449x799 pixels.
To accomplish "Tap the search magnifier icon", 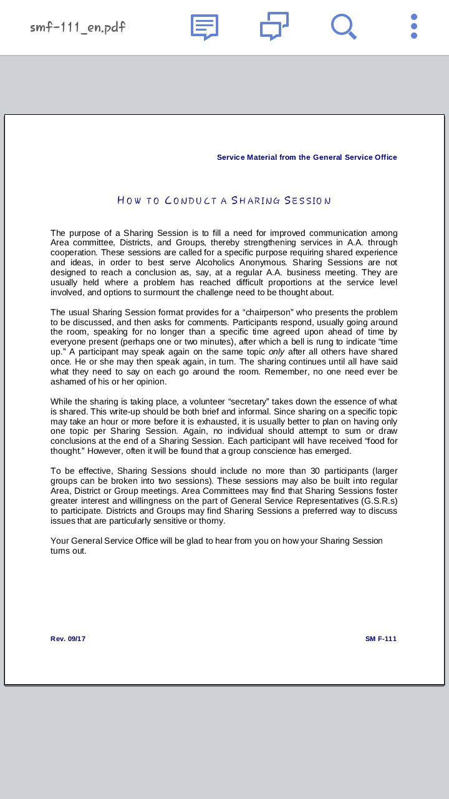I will [x=343, y=27].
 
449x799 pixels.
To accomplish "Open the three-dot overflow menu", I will [x=414, y=27].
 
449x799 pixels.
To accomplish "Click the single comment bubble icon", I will [x=204, y=27].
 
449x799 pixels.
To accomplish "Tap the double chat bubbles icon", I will [x=274, y=27].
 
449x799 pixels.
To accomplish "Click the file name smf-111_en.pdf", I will [x=78, y=27].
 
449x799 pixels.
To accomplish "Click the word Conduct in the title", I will [x=191, y=200].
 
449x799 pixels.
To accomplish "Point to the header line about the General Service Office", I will [x=307, y=157].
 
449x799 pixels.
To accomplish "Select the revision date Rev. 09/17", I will [x=68, y=639].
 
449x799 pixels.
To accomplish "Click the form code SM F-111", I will [x=381, y=639].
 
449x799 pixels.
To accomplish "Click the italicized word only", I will [x=276, y=351].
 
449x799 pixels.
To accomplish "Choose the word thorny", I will [x=212, y=521].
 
